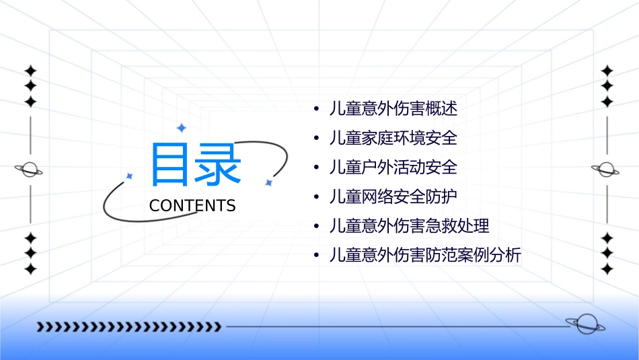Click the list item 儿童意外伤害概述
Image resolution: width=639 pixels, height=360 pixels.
pyautogui.click(x=393, y=108)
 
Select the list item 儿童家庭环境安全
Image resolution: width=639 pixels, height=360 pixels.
pyautogui.click(x=393, y=138)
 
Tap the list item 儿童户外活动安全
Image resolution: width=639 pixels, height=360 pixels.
pyautogui.click(x=393, y=167)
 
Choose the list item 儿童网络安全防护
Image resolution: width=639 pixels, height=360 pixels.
pyautogui.click(x=393, y=196)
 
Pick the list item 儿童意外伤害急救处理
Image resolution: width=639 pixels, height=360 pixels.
pyautogui.click(x=409, y=225)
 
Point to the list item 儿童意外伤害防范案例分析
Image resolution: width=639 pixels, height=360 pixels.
pyautogui.click(x=425, y=255)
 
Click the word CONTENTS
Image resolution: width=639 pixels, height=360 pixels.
pyautogui.click(x=192, y=205)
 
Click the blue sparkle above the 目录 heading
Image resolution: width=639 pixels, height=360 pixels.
pyautogui.click(x=180, y=127)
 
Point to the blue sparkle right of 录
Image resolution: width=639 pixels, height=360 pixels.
pyautogui.click(x=268, y=182)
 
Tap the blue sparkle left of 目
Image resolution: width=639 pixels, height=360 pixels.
pyautogui.click(x=129, y=176)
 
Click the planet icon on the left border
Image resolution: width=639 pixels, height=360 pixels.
pyautogui.click(x=30, y=170)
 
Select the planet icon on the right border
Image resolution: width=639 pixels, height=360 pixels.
pyautogui.click(x=607, y=170)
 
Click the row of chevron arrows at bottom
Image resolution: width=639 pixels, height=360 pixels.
pyautogui.click(x=128, y=327)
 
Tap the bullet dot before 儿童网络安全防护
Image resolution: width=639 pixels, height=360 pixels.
pyautogui.click(x=315, y=197)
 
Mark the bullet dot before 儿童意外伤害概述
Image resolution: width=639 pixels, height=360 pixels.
pyautogui.click(x=315, y=109)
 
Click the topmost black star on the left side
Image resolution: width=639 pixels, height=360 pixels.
pyautogui.click(x=30, y=71)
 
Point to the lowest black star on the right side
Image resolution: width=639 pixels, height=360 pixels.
pyautogui.click(x=607, y=269)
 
